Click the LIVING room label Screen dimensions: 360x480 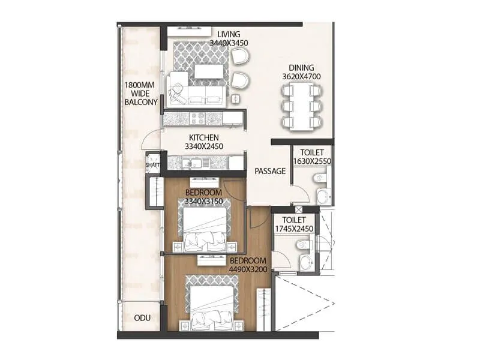click(229, 34)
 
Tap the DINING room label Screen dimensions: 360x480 click(302, 68)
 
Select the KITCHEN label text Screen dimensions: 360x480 click(203, 137)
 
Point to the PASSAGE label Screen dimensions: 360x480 click(270, 171)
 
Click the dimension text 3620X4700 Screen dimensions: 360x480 click(302, 77)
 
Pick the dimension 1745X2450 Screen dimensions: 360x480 click(295, 229)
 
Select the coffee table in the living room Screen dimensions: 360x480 click(209, 71)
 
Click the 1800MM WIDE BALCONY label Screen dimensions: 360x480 click(141, 94)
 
